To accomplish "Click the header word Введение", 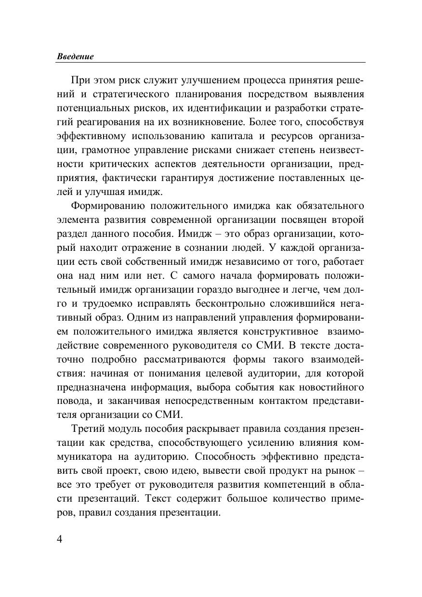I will [x=75, y=56].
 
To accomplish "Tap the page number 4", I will [x=60, y=539].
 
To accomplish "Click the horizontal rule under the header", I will [x=211, y=62].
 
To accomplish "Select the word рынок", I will [x=340, y=471].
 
